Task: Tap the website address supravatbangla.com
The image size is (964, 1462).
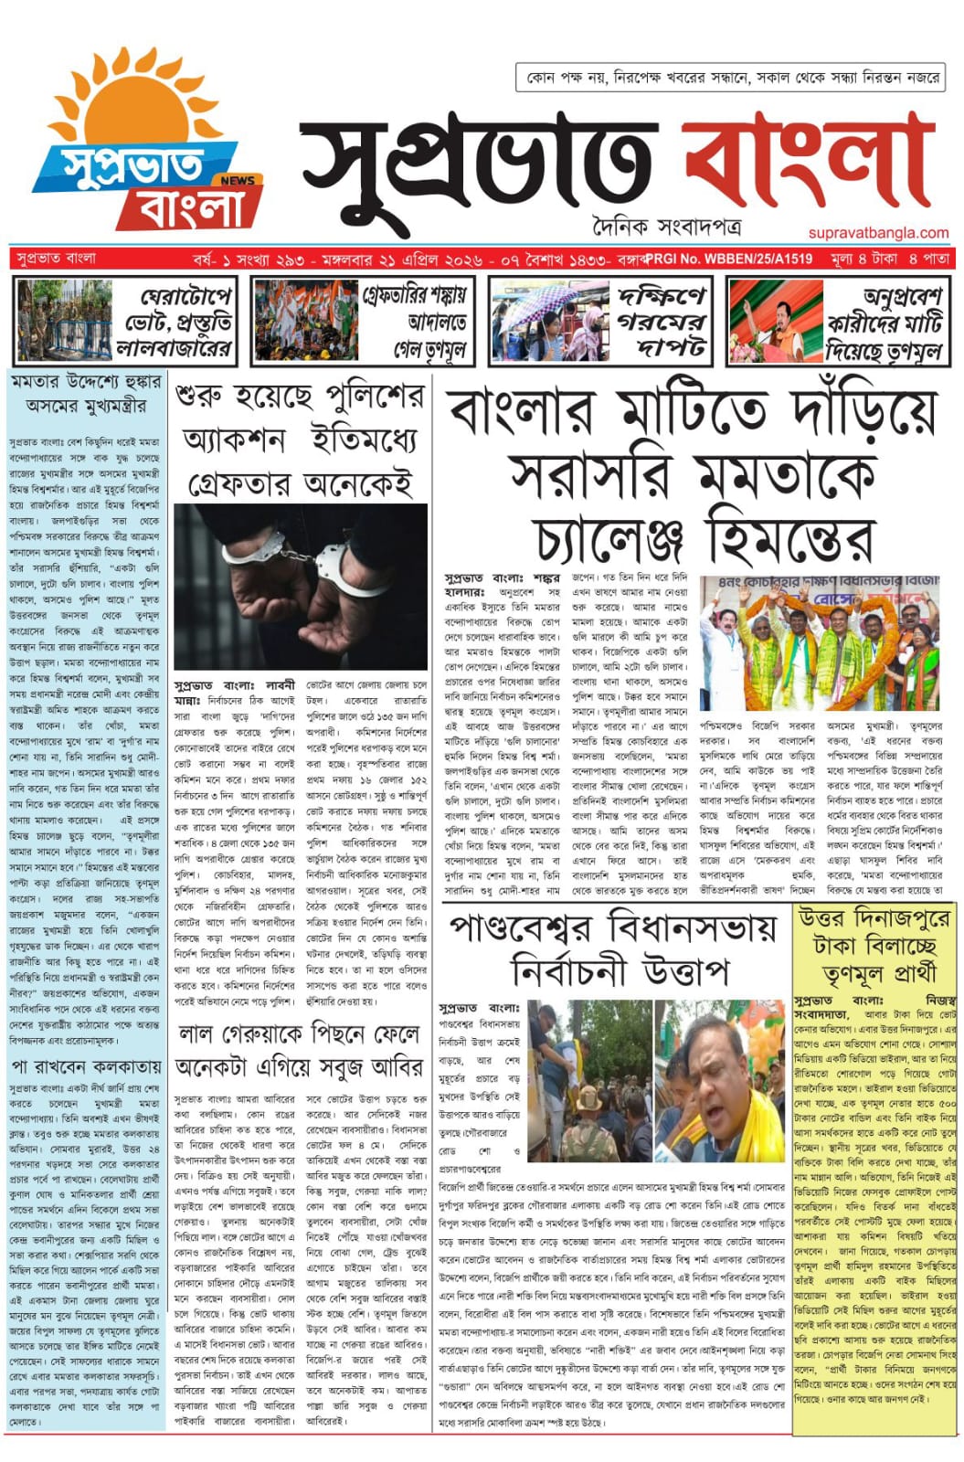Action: pos(878,233)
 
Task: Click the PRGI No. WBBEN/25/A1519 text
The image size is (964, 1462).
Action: pos(729,259)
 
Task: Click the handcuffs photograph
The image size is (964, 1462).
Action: pos(301,586)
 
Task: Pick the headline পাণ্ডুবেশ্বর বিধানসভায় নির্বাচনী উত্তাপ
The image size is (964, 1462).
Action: pos(612,950)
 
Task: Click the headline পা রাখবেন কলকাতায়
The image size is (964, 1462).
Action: pos(87,1066)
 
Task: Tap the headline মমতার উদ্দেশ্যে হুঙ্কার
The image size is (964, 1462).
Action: pos(87,393)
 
